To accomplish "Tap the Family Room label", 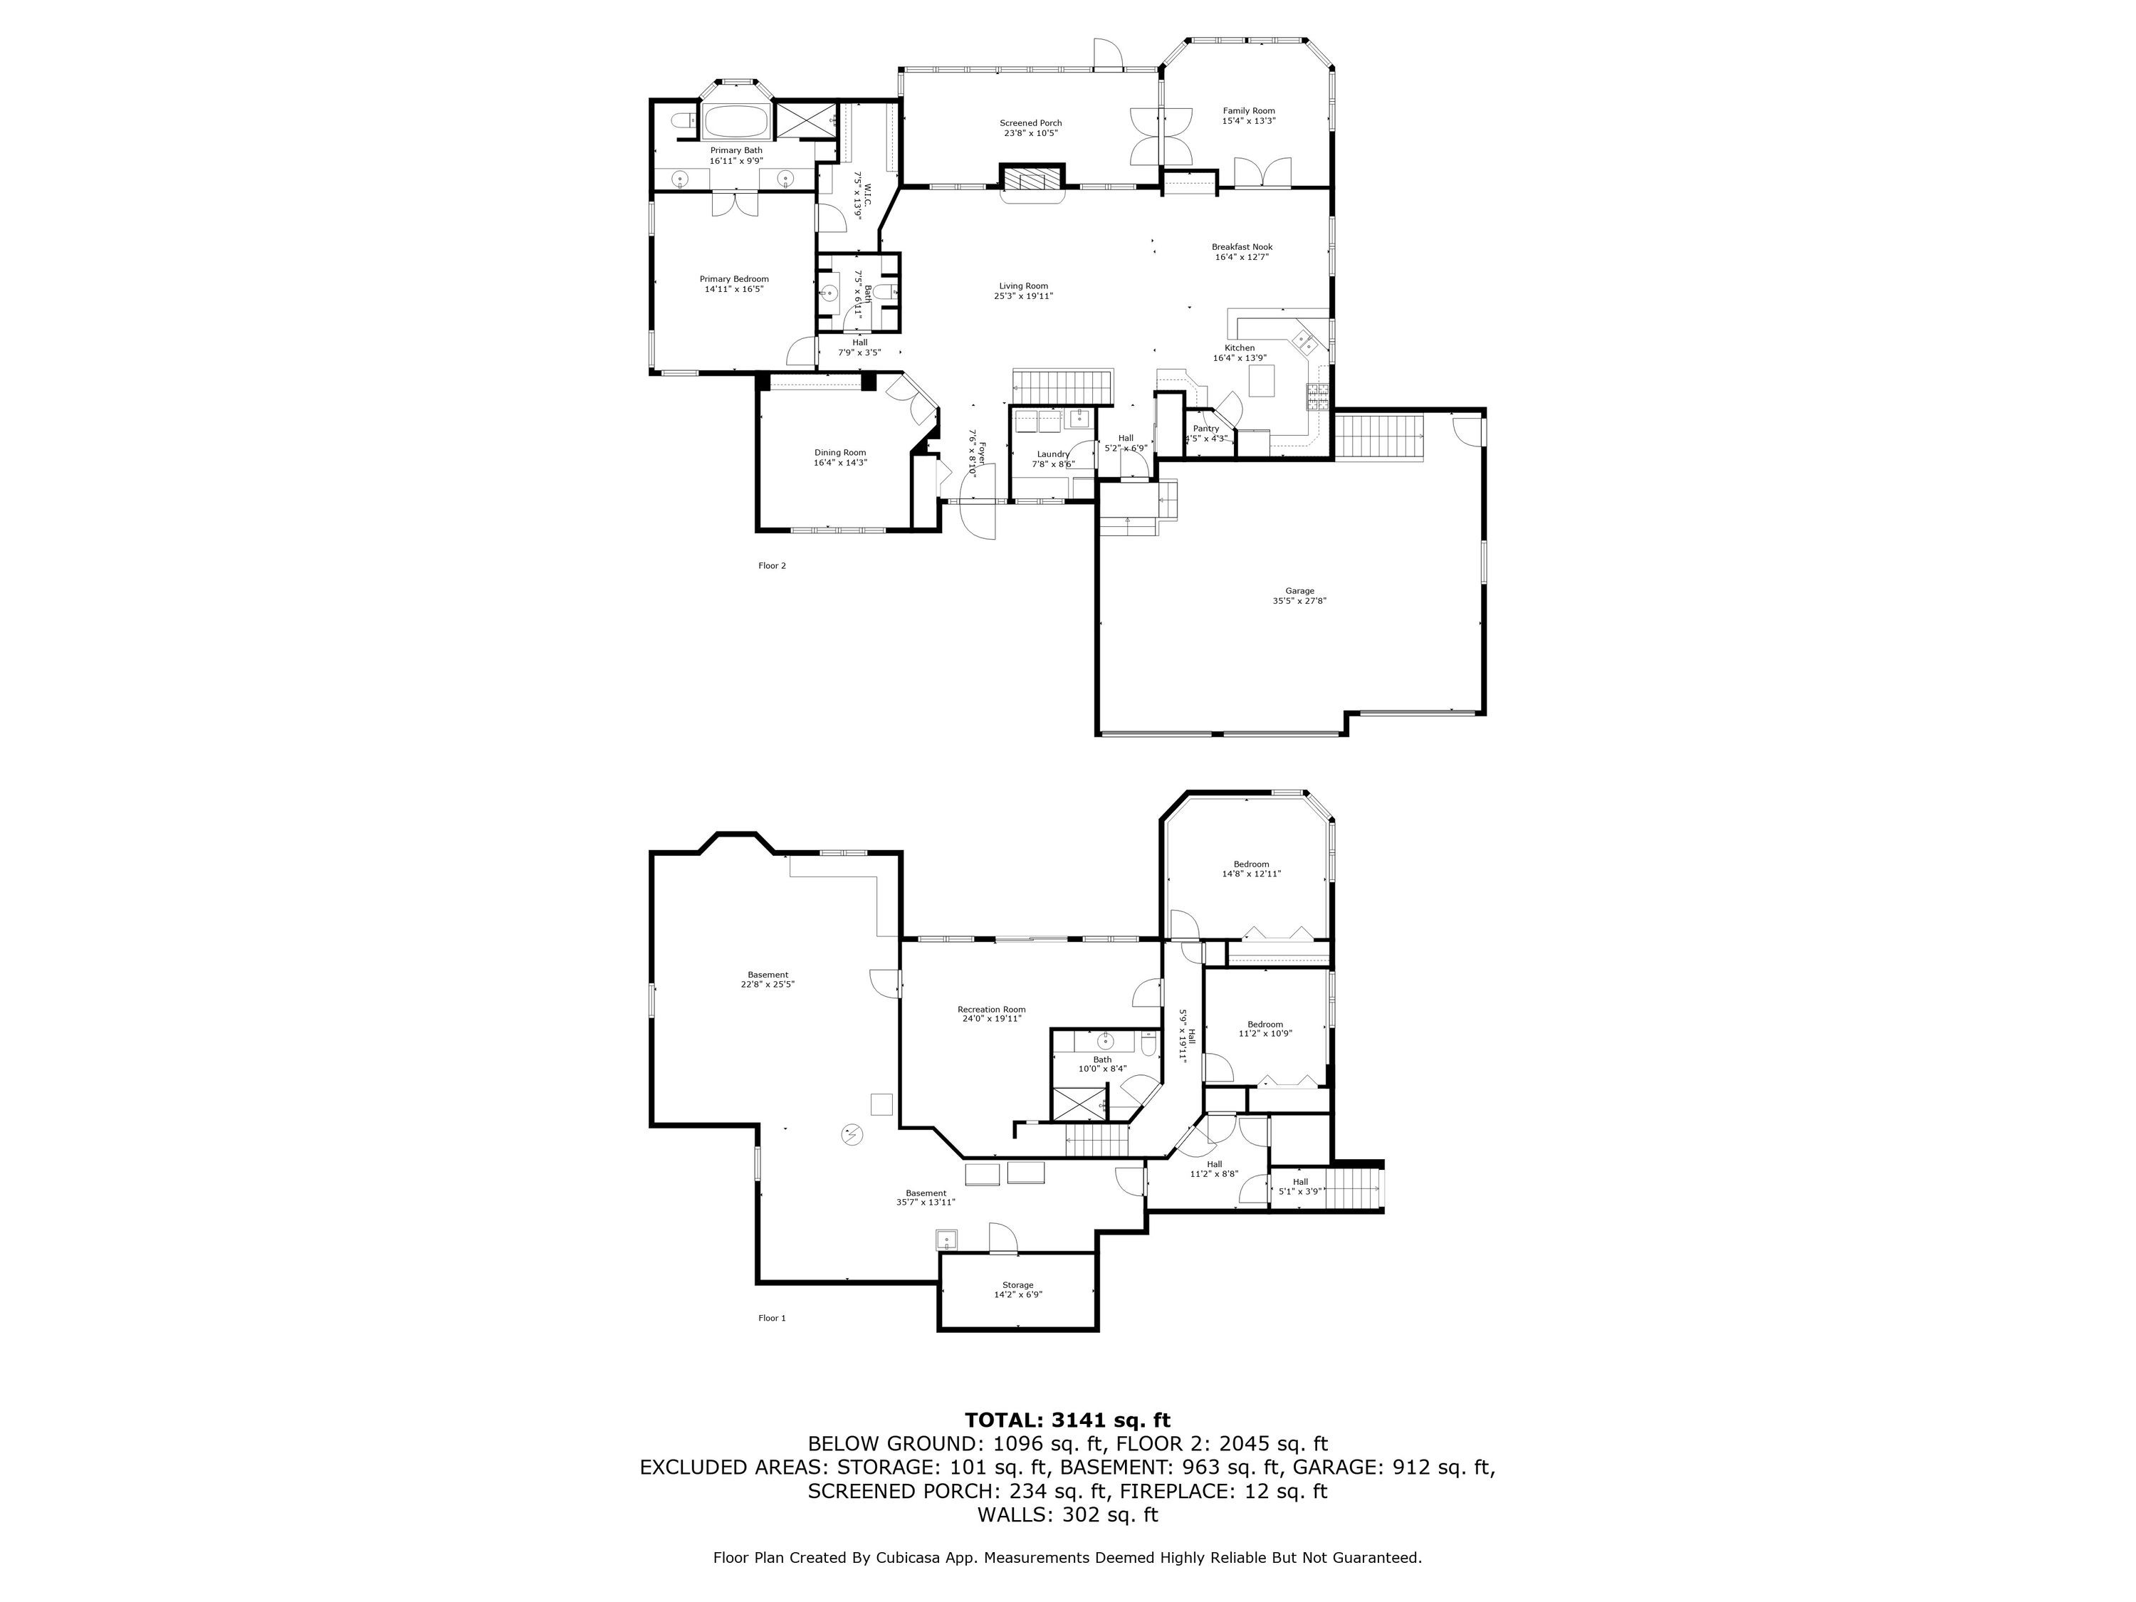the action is point(1249,111).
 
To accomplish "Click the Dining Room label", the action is point(840,453).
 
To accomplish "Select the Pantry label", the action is point(1206,429).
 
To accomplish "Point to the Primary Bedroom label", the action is point(734,279).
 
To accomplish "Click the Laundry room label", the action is point(1052,454).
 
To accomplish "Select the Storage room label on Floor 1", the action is point(1017,1285).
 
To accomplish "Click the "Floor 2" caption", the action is point(772,566).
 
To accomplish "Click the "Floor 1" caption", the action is point(772,1318).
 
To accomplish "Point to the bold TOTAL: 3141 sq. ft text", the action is point(1067,1420).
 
